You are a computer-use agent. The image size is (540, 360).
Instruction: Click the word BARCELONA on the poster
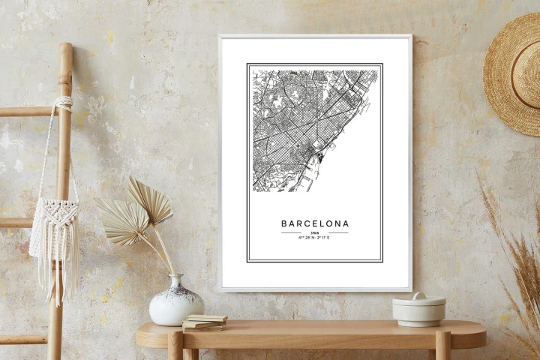[x=315, y=223]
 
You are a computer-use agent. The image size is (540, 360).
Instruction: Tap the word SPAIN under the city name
[x=315, y=233]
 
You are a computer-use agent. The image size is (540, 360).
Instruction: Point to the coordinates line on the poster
[x=315, y=238]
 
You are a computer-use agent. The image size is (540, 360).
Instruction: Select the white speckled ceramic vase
[x=175, y=303]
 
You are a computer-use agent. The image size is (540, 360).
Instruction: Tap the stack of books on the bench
[x=204, y=322]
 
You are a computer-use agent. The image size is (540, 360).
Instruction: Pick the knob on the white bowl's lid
[x=418, y=296]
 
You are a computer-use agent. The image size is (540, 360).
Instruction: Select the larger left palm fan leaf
[x=122, y=221]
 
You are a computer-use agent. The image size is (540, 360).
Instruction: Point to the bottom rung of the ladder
[x=22, y=339]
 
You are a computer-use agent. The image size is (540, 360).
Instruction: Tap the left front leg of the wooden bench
[x=175, y=346]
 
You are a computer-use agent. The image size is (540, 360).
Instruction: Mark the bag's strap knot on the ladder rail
[x=64, y=101]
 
